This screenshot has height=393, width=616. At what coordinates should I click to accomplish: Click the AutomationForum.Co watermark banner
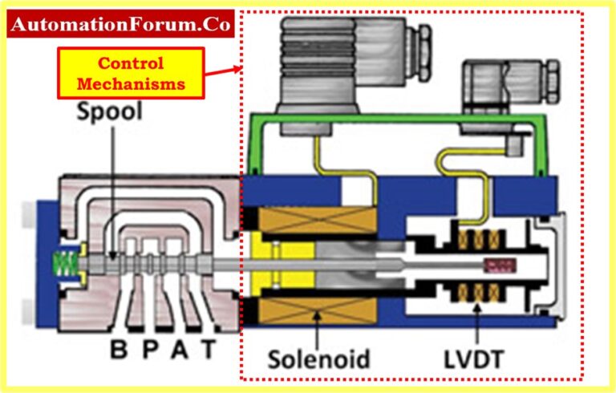121,25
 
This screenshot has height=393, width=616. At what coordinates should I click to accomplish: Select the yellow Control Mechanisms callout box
131,72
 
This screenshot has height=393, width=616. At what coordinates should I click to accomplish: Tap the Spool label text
109,112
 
